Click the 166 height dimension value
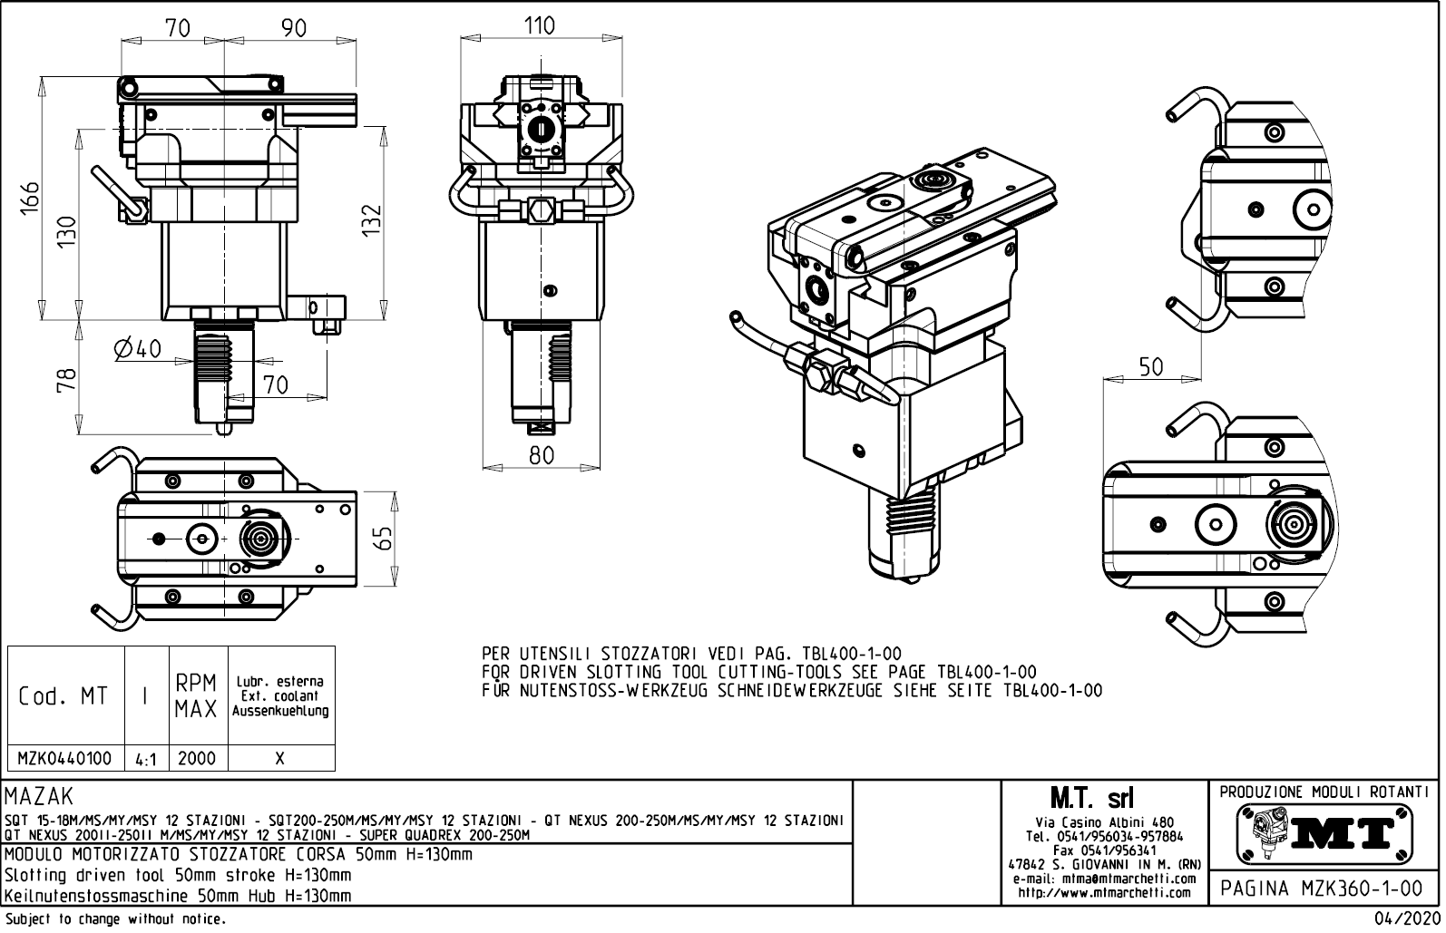click(x=32, y=199)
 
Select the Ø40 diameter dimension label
click(x=138, y=348)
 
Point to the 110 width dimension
click(x=540, y=25)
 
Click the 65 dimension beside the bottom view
click(x=385, y=538)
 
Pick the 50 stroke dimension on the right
click(x=1151, y=366)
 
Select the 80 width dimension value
click(x=542, y=455)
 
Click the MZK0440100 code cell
click(x=65, y=758)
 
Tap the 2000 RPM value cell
click(x=197, y=758)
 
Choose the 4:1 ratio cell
click(x=146, y=759)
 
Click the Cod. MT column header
click(x=64, y=696)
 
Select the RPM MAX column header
click(x=197, y=696)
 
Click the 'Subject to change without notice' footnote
click(x=114, y=919)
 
